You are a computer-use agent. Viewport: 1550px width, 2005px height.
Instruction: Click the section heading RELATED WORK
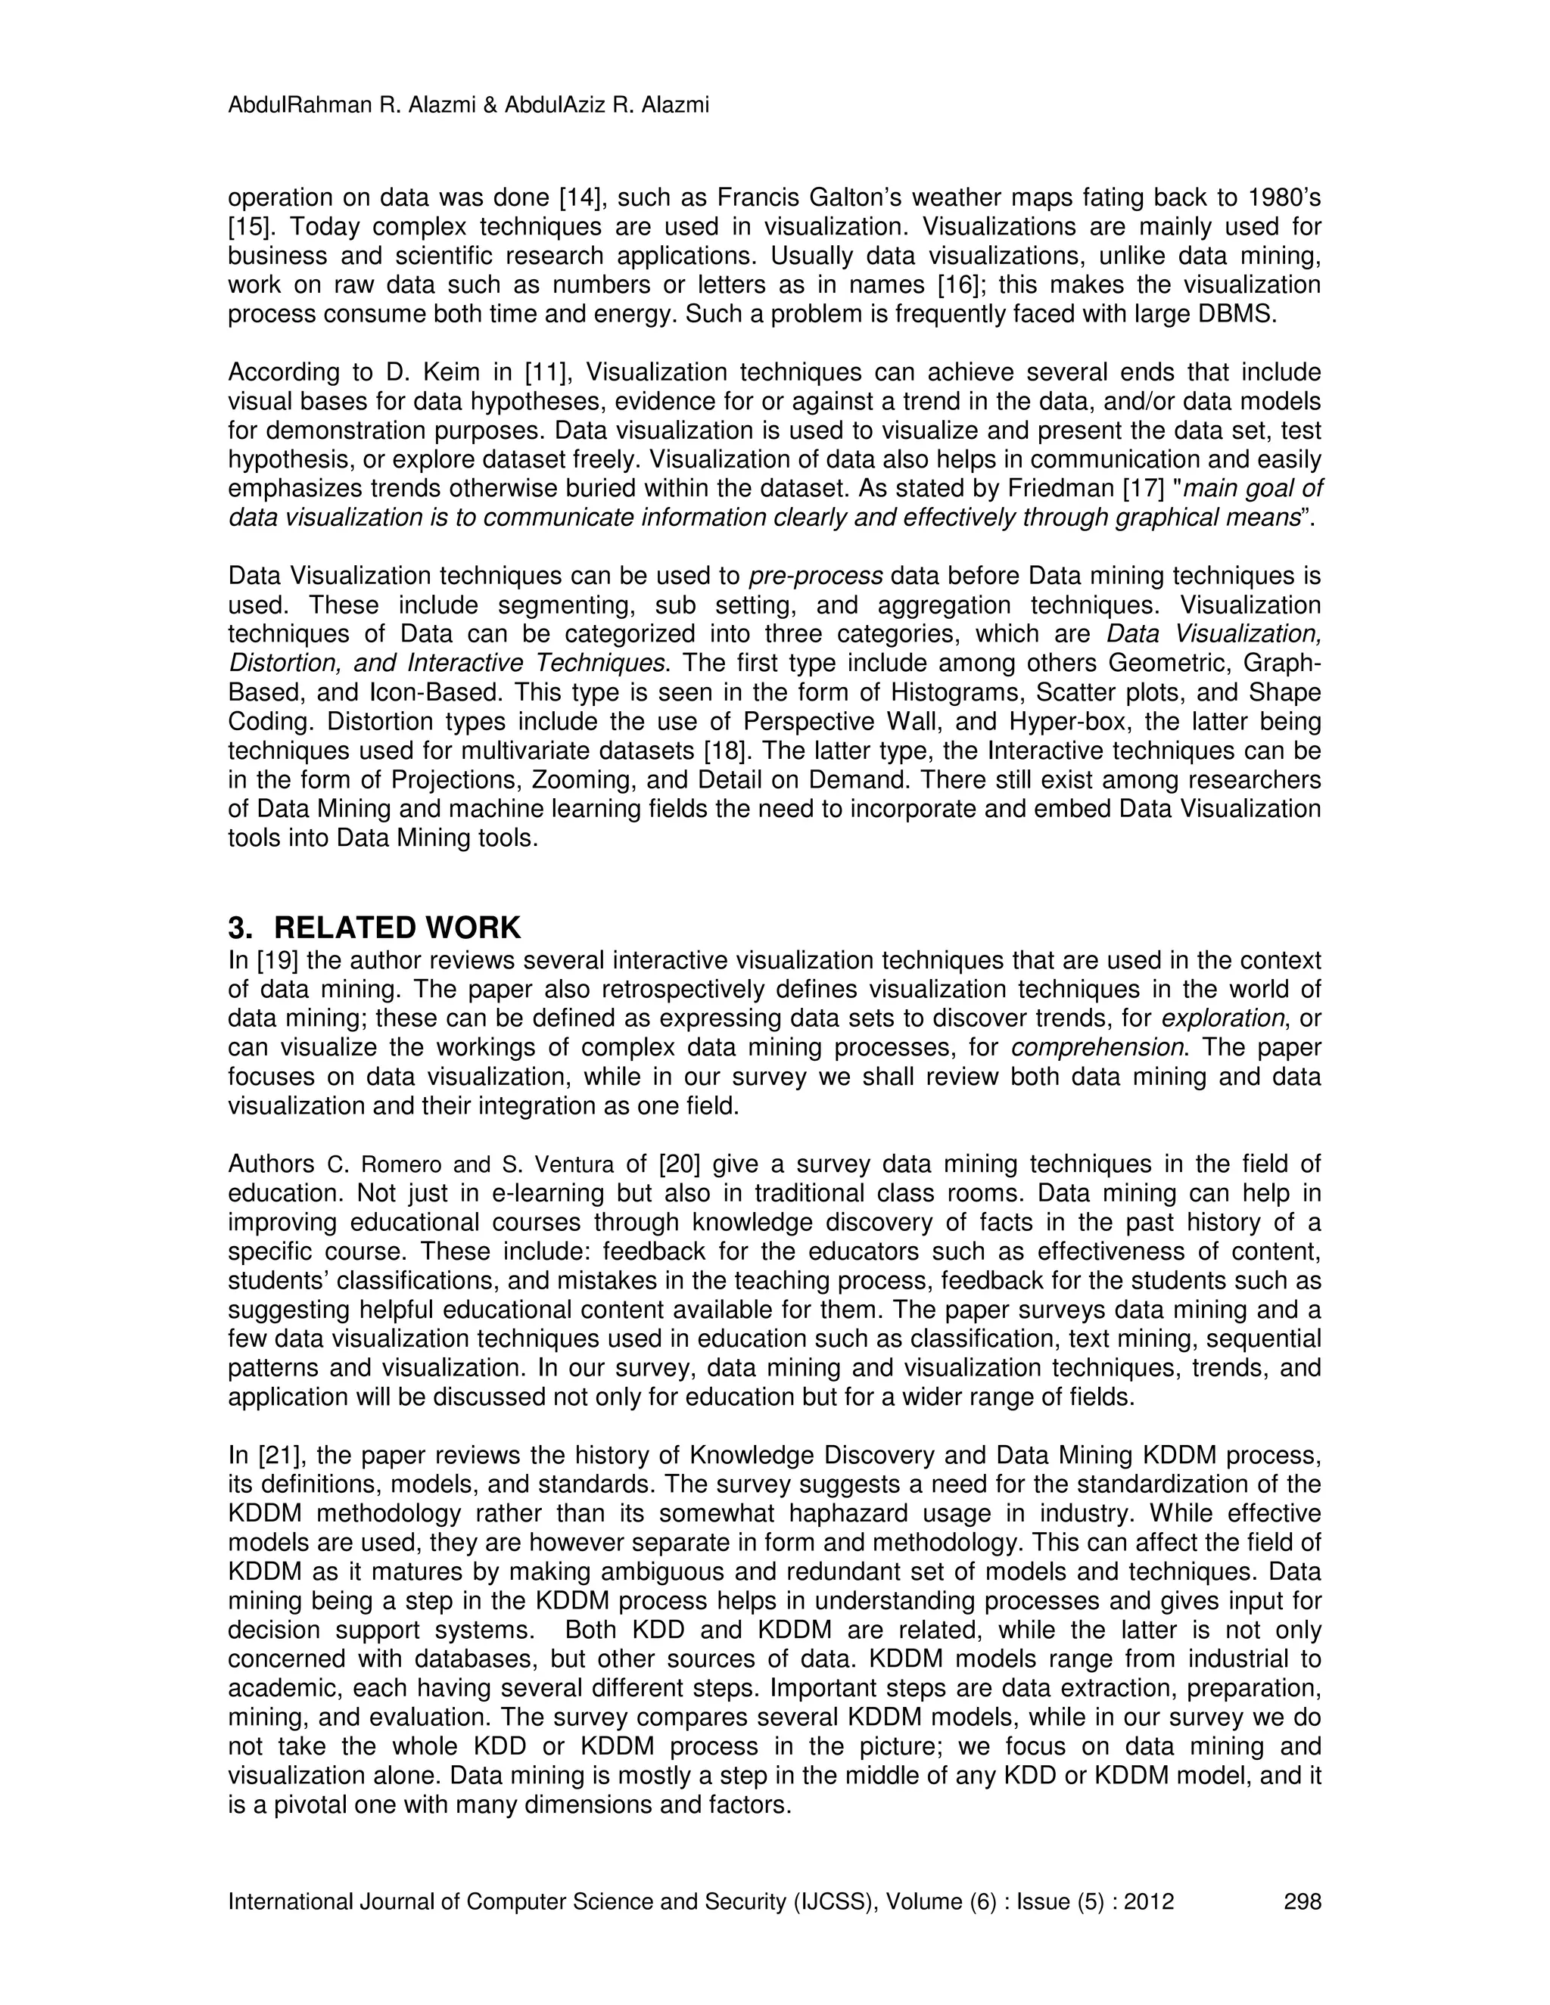pos(397,928)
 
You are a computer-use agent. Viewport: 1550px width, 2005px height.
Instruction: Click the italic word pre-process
pos(815,576)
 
